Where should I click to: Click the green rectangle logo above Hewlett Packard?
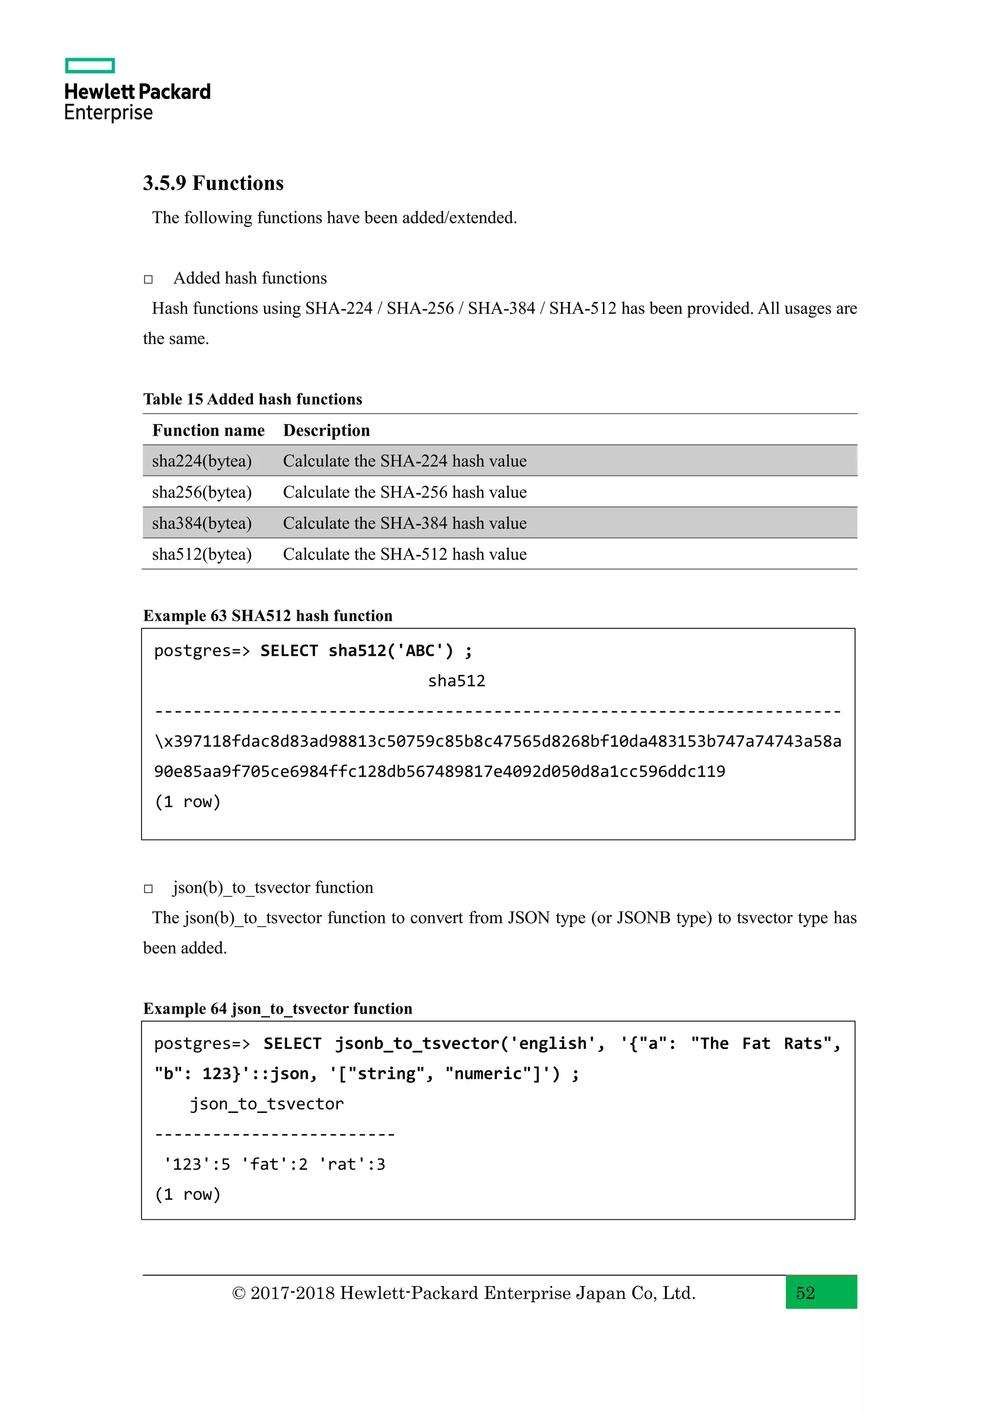coord(90,65)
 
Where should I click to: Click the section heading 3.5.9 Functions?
coord(213,183)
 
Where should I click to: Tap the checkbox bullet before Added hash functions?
coord(148,280)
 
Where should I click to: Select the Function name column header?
coord(208,430)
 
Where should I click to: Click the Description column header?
coord(326,430)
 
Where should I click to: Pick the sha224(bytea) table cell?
coord(202,461)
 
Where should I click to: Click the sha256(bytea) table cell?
coord(202,492)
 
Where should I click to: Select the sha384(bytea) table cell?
coord(202,523)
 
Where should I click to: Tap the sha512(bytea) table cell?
coord(202,554)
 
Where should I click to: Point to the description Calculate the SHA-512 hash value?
coord(405,554)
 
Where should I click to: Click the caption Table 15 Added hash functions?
coord(252,400)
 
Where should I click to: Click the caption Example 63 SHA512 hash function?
coord(268,616)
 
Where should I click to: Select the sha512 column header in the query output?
coord(456,681)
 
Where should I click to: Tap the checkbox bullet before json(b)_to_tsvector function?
coord(148,888)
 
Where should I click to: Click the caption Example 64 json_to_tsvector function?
coord(278,1009)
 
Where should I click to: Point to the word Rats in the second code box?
coord(803,1044)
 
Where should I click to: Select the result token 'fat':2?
coord(274,1164)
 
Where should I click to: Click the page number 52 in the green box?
coord(805,1293)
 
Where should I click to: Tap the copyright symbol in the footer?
coord(238,1293)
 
